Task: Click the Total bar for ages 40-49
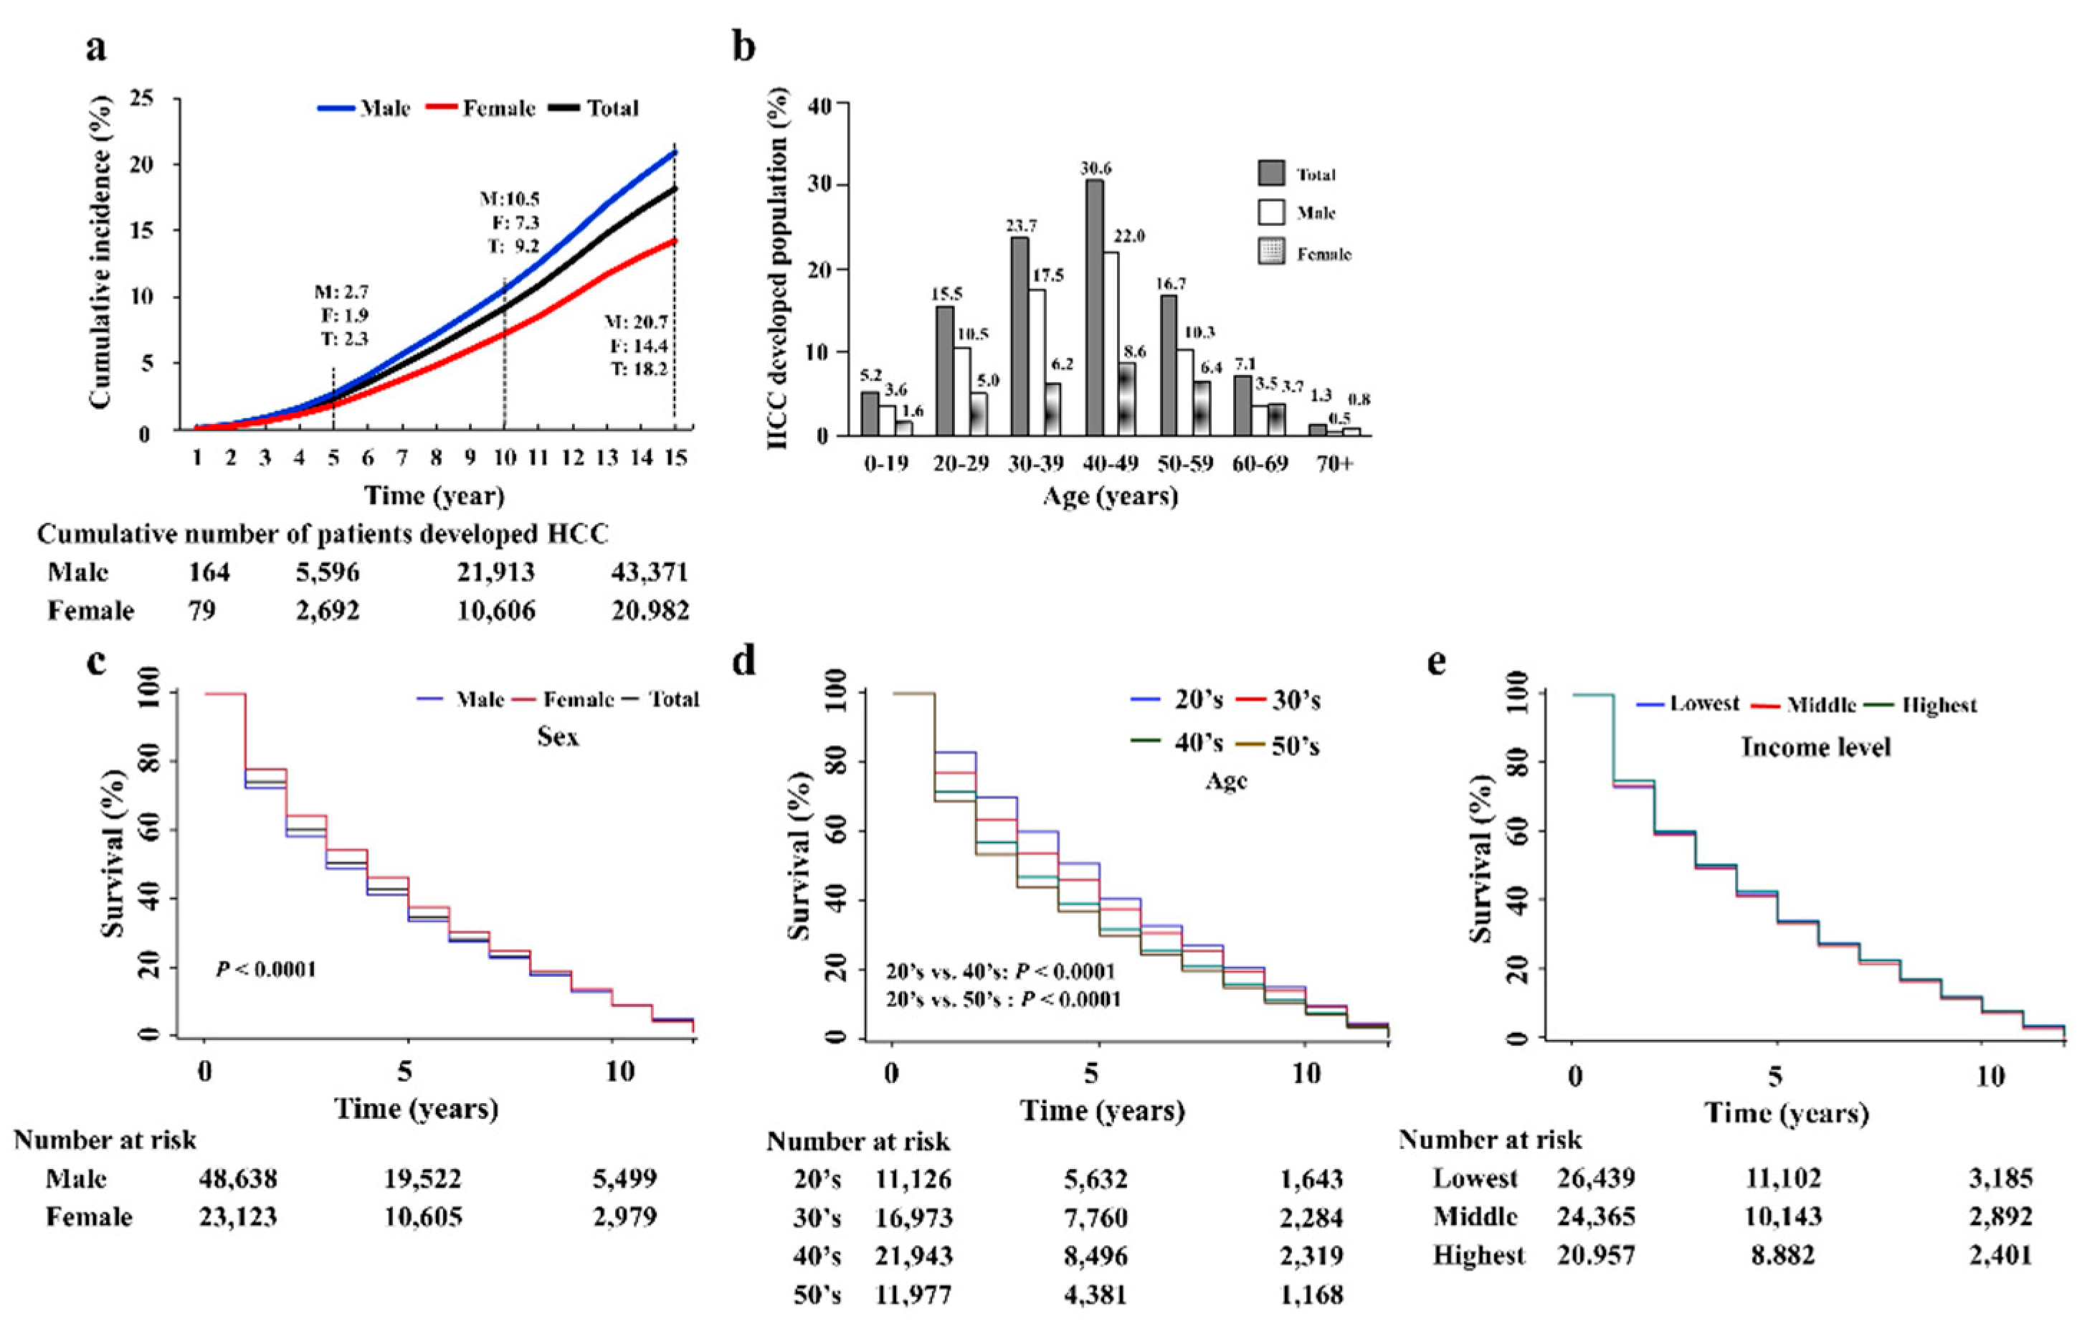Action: point(1095,308)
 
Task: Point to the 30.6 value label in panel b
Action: point(1095,169)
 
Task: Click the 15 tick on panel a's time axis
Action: point(675,457)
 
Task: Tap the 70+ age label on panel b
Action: point(1334,464)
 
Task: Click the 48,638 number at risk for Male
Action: point(237,1179)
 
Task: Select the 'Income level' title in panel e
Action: point(1816,747)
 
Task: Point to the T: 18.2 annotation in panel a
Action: point(640,369)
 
